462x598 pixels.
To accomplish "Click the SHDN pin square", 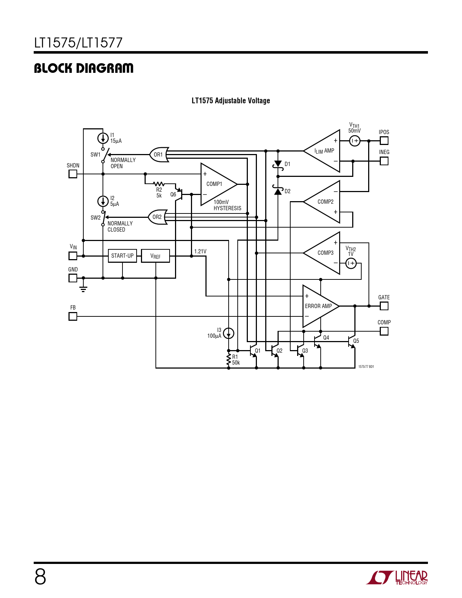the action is point(72,174).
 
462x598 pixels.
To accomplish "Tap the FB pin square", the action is point(72,316).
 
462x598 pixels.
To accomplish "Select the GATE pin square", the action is point(384,306).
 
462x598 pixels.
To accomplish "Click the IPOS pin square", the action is point(384,141).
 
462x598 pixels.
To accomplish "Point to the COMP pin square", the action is point(384,331).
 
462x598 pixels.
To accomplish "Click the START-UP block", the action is point(122,256).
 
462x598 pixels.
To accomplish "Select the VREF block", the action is point(155,256).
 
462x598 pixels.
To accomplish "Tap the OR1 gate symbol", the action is point(159,155).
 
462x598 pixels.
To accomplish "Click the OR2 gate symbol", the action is point(158,217).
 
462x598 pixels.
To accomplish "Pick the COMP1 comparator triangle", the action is point(219,184).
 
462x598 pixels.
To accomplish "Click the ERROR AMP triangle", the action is point(321,306).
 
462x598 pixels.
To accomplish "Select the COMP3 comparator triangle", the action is point(321,253).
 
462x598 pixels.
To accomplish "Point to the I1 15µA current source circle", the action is point(103,138).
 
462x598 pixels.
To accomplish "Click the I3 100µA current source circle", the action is point(229,333).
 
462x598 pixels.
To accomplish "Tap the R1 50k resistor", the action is point(229,360).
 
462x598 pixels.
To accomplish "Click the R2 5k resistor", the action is point(159,184).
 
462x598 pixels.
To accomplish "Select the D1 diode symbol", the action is point(278,164).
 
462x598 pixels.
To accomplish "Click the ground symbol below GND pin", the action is point(83,289).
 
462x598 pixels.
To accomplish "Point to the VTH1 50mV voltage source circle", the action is point(355,141).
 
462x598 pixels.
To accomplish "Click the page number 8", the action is point(40,577).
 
